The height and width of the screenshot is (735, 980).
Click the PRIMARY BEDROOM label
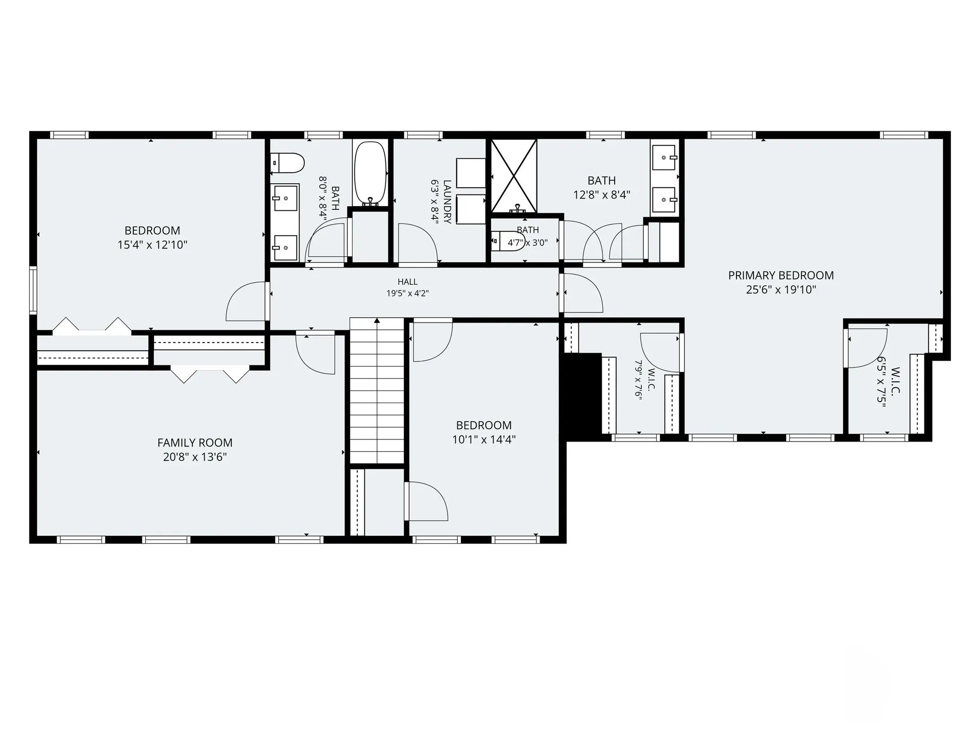pyautogui.click(x=781, y=276)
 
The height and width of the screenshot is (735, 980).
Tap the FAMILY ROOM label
pyautogui.click(x=195, y=443)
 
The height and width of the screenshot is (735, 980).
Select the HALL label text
pyautogui.click(x=407, y=282)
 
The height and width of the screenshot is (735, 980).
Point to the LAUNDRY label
pyautogui.click(x=447, y=202)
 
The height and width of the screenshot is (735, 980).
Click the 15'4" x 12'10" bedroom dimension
pyautogui.click(x=153, y=245)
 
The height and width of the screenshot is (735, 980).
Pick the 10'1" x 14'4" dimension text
pyautogui.click(x=484, y=439)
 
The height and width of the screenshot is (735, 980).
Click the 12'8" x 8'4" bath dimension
pyautogui.click(x=602, y=194)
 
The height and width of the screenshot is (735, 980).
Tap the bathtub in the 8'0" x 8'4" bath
pyautogui.click(x=371, y=173)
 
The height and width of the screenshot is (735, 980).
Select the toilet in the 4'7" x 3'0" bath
pyautogui.click(x=508, y=241)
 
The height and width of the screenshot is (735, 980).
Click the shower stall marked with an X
pyautogui.click(x=514, y=176)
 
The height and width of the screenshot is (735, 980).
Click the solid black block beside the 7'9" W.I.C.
pyautogui.click(x=581, y=397)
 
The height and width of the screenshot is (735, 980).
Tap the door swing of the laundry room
pyautogui.click(x=418, y=244)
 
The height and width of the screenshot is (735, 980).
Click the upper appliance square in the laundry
pyautogui.click(x=471, y=173)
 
